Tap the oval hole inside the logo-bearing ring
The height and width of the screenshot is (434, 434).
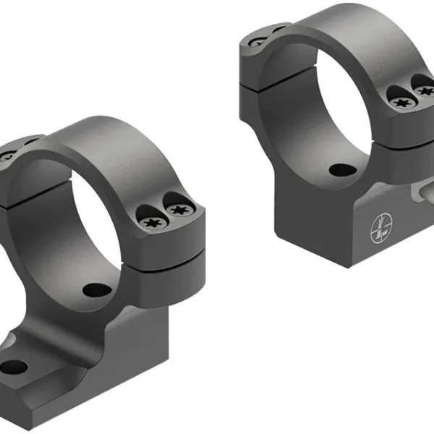pyautogui.click(x=340, y=171)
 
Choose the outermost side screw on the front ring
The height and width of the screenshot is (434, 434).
pyautogui.click(x=178, y=210)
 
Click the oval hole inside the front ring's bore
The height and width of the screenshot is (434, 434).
pyautogui.click(x=96, y=290)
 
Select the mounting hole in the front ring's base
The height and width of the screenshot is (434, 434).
pyautogui.click(x=14, y=366)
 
